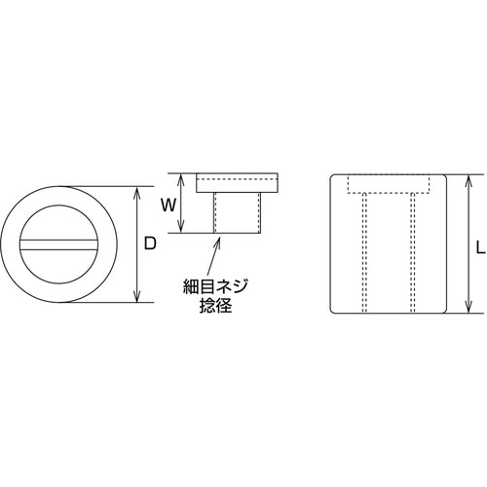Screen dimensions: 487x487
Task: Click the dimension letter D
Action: [x=150, y=245]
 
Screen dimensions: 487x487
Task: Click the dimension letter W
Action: [x=168, y=205]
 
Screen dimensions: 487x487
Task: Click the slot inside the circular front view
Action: [x=67, y=244]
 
